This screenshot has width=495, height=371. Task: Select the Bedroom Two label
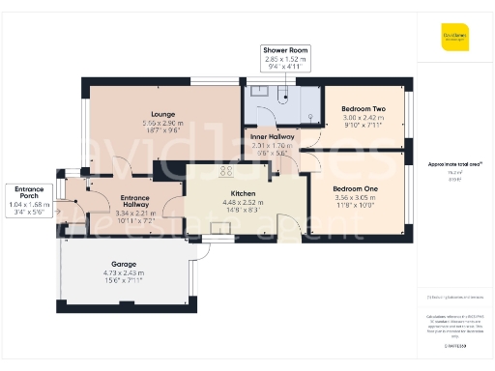(x=363, y=109)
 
